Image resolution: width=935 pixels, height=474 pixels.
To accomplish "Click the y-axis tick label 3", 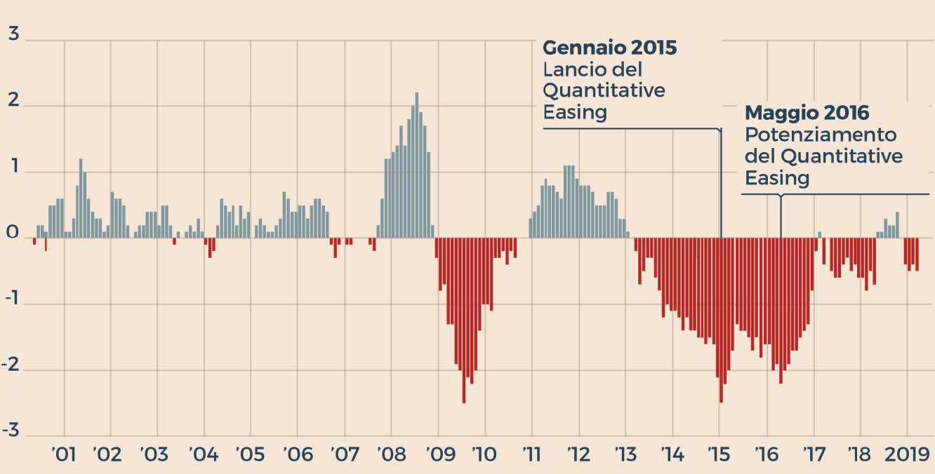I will tap(13, 34).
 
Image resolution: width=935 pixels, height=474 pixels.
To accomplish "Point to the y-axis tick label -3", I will tap(11, 431).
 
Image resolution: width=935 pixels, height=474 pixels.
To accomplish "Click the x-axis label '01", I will tap(64, 454).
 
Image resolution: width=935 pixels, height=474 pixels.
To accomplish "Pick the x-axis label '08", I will tap(390, 454).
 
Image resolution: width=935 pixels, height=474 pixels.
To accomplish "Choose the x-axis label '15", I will tap(719, 454).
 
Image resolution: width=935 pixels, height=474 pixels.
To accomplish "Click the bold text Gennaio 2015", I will tap(610, 48).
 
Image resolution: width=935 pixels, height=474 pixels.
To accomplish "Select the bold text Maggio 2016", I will tap(807, 112).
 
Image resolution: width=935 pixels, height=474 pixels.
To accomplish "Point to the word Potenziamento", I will tap(821, 134).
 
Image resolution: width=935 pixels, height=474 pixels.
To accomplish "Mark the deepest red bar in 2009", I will tap(463, 320).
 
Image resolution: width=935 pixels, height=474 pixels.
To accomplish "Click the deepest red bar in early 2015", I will tap(721, 320).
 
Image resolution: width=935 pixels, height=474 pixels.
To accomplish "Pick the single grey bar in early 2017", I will tap(819, 234).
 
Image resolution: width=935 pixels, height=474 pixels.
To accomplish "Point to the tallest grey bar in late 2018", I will tap(897, 224).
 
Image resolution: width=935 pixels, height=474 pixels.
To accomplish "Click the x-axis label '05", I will tap(251, 454).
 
